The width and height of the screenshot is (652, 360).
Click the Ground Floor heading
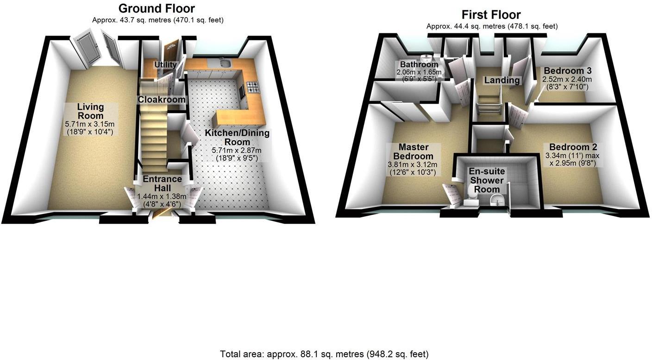pos(157,8)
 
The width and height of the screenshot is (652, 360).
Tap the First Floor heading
pos(491,14)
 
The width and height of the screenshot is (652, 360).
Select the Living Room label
pos(90,111)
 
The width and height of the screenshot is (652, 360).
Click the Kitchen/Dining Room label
pos(237,137)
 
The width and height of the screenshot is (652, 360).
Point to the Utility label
pos(165,64)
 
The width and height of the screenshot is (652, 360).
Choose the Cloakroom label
pos(162,99)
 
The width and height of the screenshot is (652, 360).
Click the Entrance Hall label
pos(162,183)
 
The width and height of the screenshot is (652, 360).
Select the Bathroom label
pos(419,64)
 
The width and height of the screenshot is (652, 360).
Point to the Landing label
pos(502,80)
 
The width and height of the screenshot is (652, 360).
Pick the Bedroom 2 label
pos(573,147)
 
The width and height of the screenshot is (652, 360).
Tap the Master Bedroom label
pos(414,152)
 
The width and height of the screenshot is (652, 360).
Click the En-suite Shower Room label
pos(487,180)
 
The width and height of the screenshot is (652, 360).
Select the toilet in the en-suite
pos(471,196)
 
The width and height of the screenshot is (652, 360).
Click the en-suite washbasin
pos(496,200)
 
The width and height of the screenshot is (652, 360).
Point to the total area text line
pos(324,354)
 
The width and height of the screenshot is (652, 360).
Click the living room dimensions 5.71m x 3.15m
pos(90,124)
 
